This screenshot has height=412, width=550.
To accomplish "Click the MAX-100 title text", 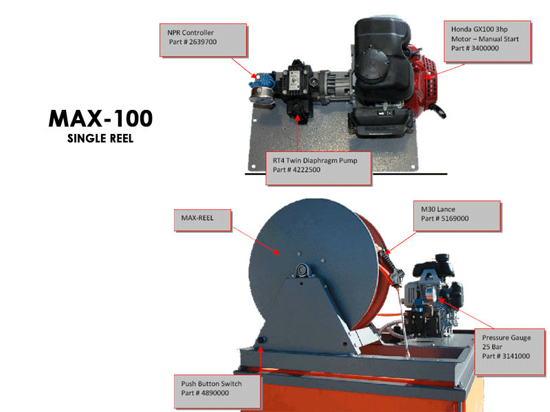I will coord(100,118).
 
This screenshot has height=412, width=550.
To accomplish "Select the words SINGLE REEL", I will coord(100,138).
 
